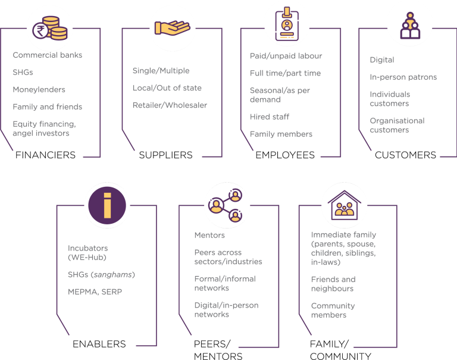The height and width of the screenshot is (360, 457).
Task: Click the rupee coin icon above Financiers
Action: point(50,29)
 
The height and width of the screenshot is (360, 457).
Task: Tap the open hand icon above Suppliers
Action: point(172,28)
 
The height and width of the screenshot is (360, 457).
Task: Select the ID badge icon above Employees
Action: point(287,24)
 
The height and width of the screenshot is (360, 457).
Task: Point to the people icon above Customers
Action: point(410,26)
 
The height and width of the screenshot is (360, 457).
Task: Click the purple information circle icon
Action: point(107,205)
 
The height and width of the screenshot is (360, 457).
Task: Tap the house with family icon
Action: point(344,205)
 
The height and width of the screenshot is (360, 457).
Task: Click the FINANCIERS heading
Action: point(45,155)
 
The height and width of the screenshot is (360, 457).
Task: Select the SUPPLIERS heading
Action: point(165,155)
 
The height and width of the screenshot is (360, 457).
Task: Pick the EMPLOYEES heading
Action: point(285,155)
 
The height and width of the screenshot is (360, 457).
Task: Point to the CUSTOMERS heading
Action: point(405,155)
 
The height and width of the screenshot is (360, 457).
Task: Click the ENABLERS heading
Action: point(99,344)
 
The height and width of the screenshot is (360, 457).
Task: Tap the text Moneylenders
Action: point(39,89)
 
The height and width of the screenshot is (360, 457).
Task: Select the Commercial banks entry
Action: point(48,55)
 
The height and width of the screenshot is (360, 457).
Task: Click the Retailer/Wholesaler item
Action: point(170,105)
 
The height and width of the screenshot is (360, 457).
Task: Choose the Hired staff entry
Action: point(270,117)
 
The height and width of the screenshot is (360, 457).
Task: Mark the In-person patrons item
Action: point(403,77)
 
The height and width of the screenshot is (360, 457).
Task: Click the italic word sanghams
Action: point(113,274)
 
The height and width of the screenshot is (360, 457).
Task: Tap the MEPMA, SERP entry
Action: point(95,292)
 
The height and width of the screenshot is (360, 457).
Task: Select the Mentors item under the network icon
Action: point(209,235)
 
